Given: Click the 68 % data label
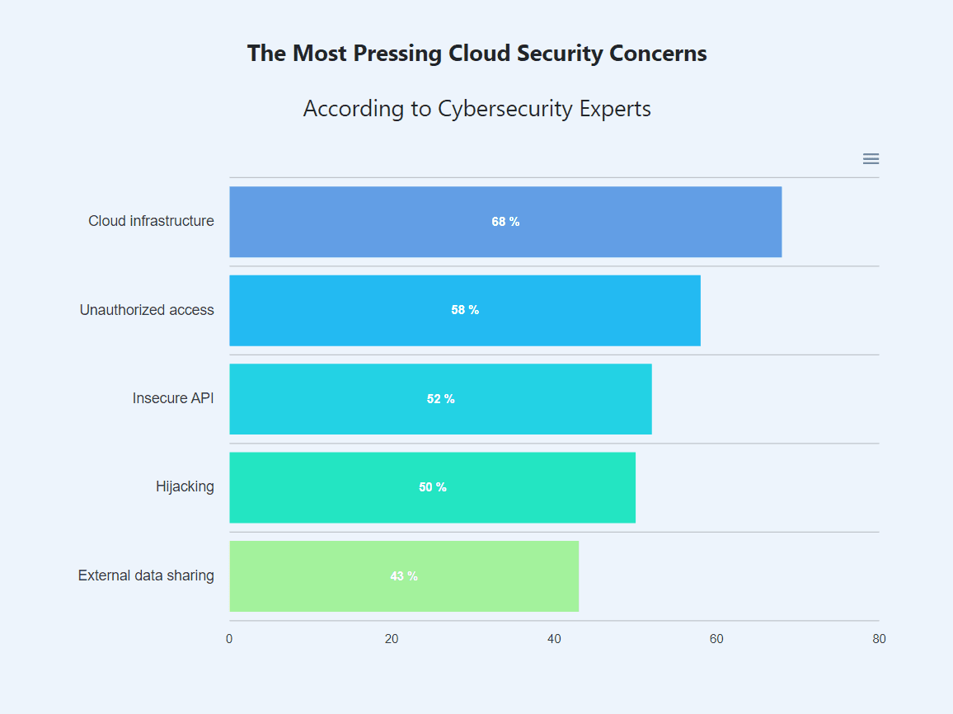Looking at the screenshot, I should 505,222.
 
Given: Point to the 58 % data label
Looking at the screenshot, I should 465,310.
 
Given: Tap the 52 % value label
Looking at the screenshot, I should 440,399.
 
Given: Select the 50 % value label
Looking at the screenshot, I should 432,487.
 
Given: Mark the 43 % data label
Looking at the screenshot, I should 404,576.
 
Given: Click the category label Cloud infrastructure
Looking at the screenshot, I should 151,221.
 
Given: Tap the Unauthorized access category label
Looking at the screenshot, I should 147,310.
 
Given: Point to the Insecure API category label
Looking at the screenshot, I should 173,398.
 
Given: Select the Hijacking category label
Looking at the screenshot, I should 185,486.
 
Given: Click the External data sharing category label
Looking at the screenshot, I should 146,575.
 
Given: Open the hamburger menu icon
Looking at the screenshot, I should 871,159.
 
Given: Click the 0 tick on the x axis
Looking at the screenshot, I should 229,639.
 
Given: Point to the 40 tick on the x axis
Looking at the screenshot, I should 554,639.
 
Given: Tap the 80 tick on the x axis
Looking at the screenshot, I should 879,639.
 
